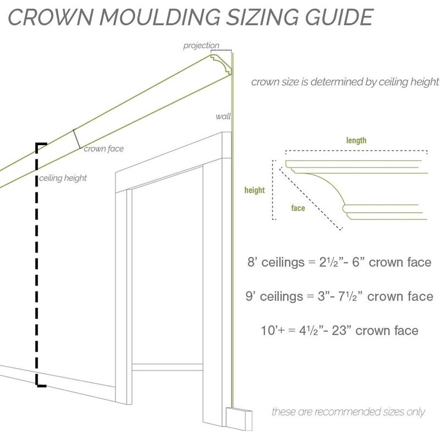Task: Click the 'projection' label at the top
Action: [201, 46]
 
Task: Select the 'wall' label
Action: [223, 117]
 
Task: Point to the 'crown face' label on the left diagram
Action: [103, 148]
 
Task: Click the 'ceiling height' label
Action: [63, 178]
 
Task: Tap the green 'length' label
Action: [356, 141]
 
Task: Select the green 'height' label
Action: [255, 190]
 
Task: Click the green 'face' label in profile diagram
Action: [298, 208]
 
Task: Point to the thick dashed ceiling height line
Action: [37, 264]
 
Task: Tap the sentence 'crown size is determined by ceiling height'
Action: [345, 82]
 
